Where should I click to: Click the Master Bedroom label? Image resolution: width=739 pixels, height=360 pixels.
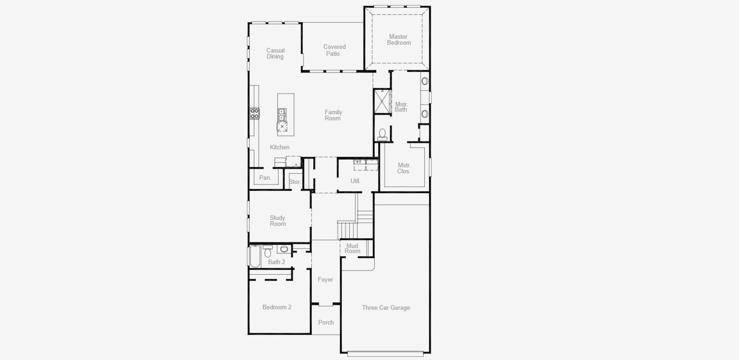pos(398,40)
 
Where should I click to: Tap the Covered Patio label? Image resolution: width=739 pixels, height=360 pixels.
pos(334,50)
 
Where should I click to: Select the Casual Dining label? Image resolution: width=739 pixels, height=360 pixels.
pos(275,53)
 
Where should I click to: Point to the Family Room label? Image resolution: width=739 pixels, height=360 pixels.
pos(333,115)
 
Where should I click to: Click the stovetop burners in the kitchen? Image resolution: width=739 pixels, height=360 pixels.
pos(254,113)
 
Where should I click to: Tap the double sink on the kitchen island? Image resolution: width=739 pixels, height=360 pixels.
pos(281,115)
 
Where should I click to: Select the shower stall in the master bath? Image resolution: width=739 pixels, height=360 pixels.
pos(382,101)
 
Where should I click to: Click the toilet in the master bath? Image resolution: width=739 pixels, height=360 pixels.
pos(382,133)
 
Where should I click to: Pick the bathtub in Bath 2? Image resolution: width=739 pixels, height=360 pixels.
pos(254,257)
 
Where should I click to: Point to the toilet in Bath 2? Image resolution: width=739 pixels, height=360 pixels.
pos(268,248)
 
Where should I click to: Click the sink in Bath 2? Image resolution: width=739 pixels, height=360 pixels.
pos(284,249)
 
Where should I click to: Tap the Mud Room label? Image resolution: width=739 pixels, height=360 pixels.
pos(352,248)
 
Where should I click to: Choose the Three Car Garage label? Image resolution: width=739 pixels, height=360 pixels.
pos(386,308)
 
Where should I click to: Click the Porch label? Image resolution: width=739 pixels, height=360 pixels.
pos(326,323)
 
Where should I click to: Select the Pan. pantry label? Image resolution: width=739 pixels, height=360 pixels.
pos(265,178)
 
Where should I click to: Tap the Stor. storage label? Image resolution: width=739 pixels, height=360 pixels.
pos(295,182)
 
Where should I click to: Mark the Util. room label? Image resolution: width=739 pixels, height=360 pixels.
pos(355,181)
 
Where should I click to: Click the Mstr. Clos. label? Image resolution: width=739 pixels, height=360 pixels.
pos(404,168)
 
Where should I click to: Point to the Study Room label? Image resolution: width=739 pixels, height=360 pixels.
pos(278,221)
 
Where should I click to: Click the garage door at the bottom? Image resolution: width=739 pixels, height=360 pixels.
pos(386,353)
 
